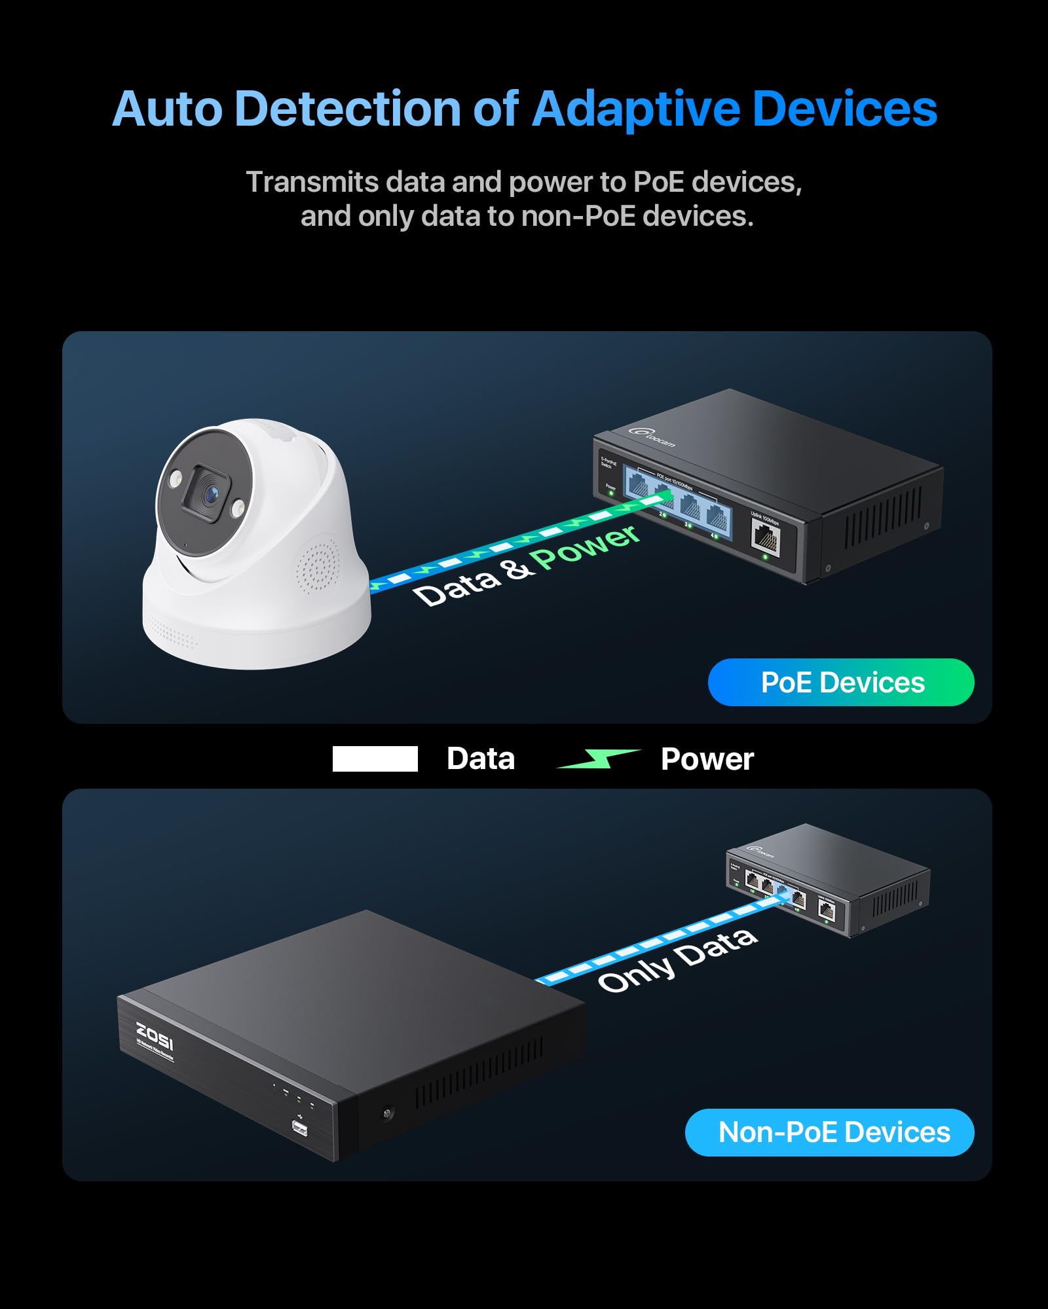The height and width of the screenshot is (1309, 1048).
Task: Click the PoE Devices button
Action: coord(841,683)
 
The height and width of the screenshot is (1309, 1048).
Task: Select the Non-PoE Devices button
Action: coord(830,1132)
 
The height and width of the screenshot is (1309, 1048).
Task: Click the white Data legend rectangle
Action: coord(375,759)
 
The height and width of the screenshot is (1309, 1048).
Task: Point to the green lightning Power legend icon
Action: coord(598,759)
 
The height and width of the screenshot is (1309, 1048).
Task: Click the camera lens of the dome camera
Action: coord(210,495)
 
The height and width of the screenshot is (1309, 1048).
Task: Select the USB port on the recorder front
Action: coord(299,1128)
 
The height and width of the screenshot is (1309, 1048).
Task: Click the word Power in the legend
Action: coord(707,759)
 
